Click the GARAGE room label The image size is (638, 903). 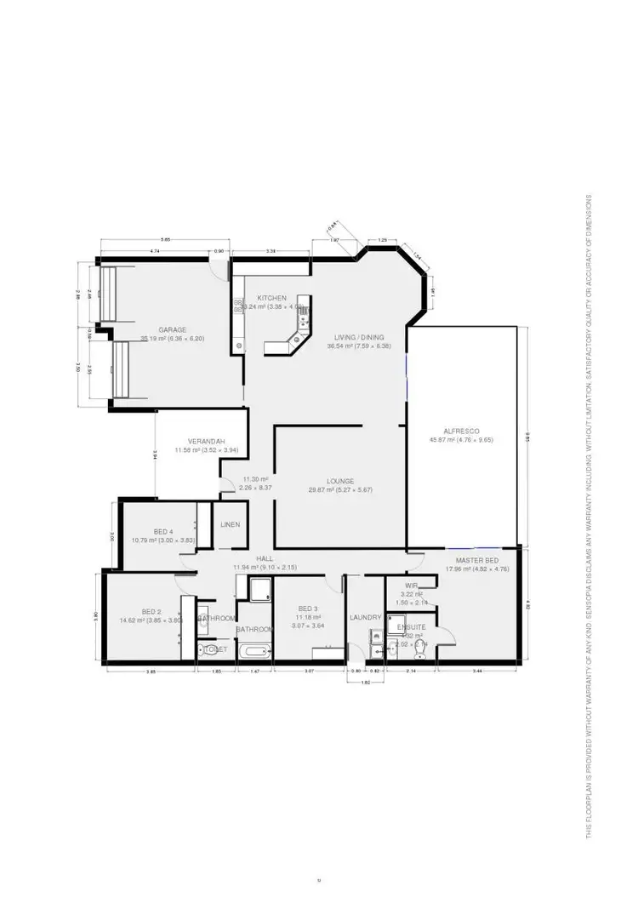[172, 329]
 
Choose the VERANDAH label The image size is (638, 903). [206, 441]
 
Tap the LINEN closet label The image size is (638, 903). [230, 525]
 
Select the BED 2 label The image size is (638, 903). [151, 611]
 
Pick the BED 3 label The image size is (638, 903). [307, 609]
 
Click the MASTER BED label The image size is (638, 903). [476, 561]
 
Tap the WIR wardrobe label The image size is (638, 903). [411, 586]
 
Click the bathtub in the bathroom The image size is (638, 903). [253, 651]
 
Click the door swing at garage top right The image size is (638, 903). [223, 269]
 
